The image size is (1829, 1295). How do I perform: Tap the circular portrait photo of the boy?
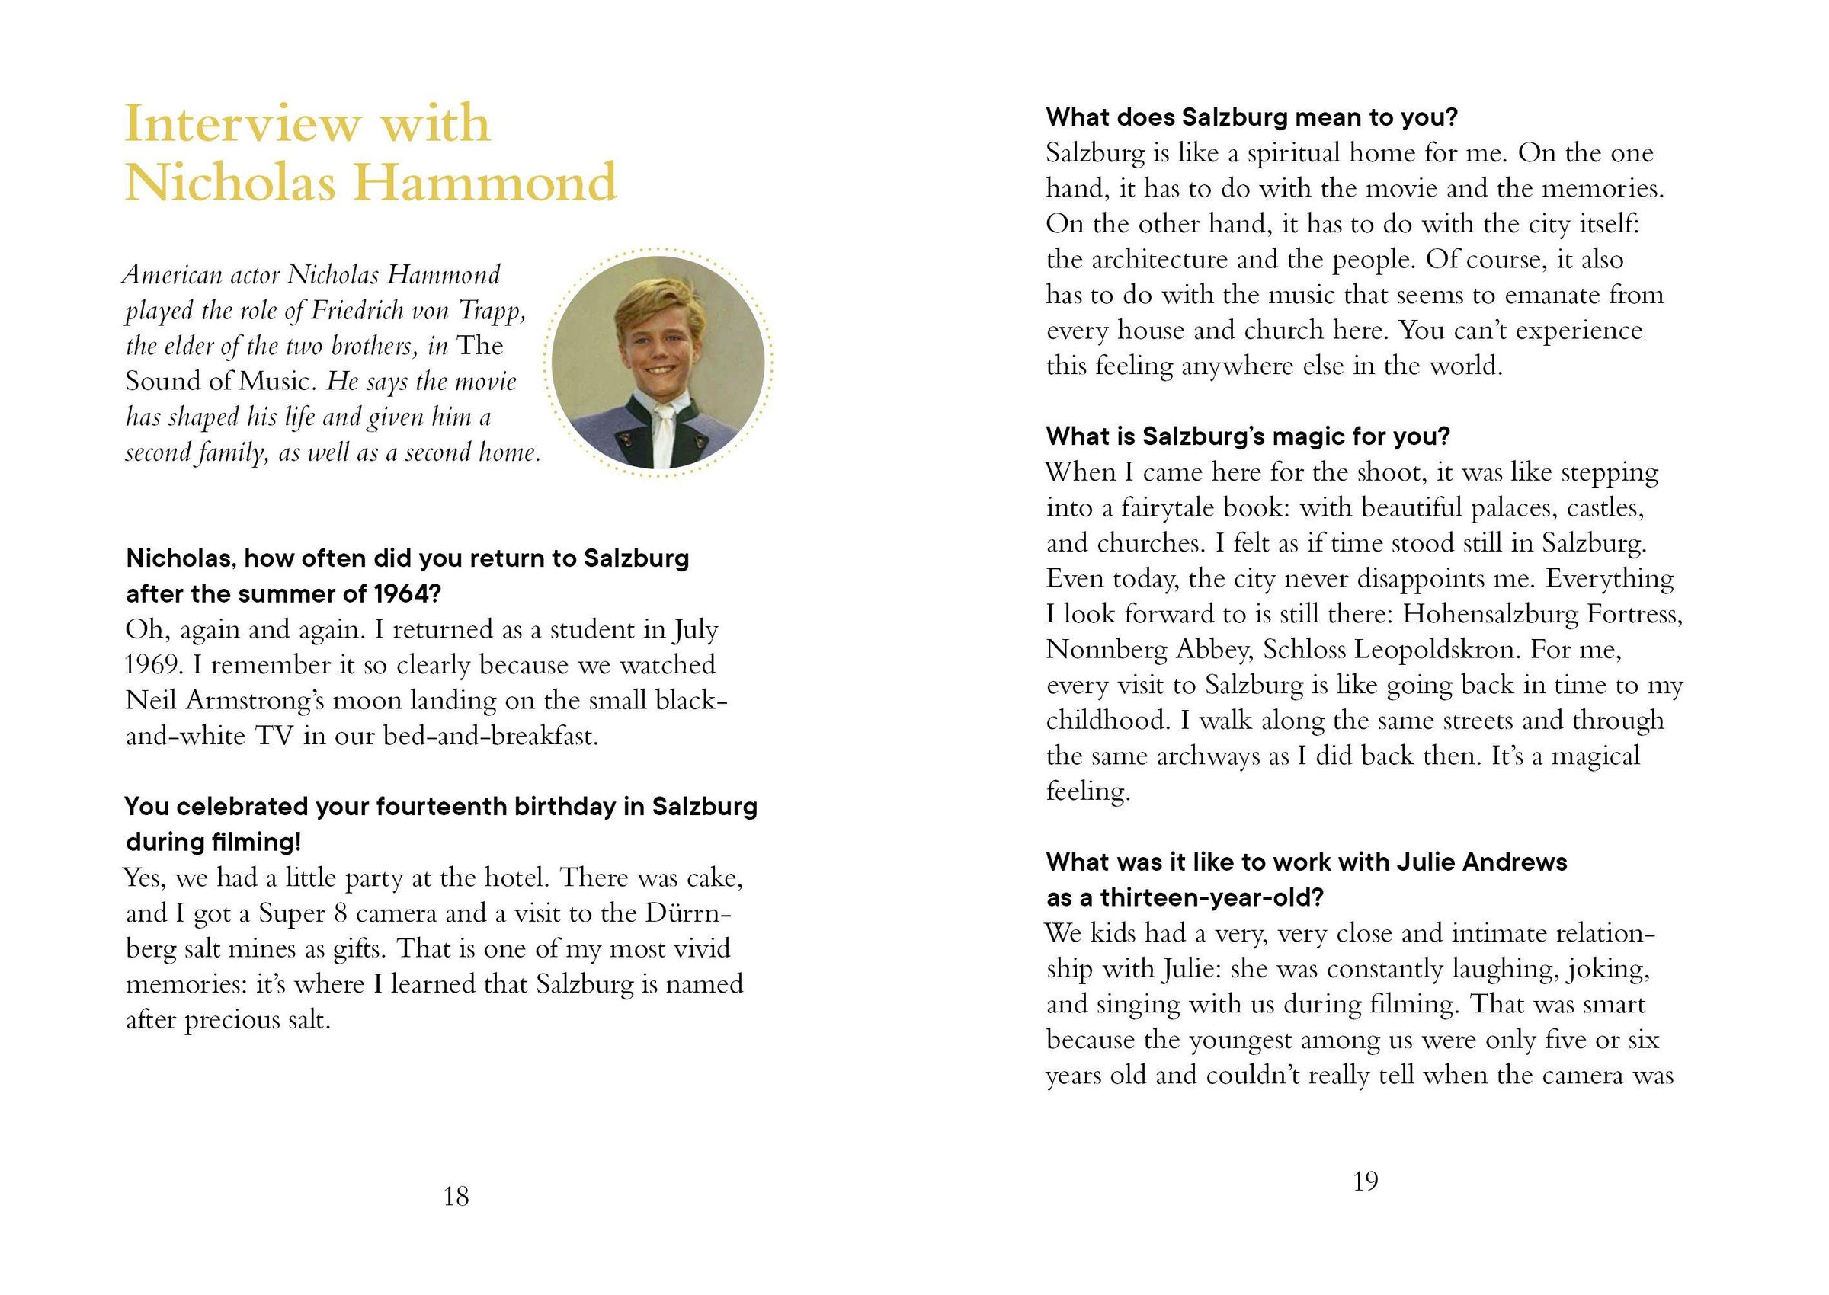(658, 363)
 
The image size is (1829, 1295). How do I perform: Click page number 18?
(456, 1196)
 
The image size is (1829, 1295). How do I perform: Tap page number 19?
(1366, 1181)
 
